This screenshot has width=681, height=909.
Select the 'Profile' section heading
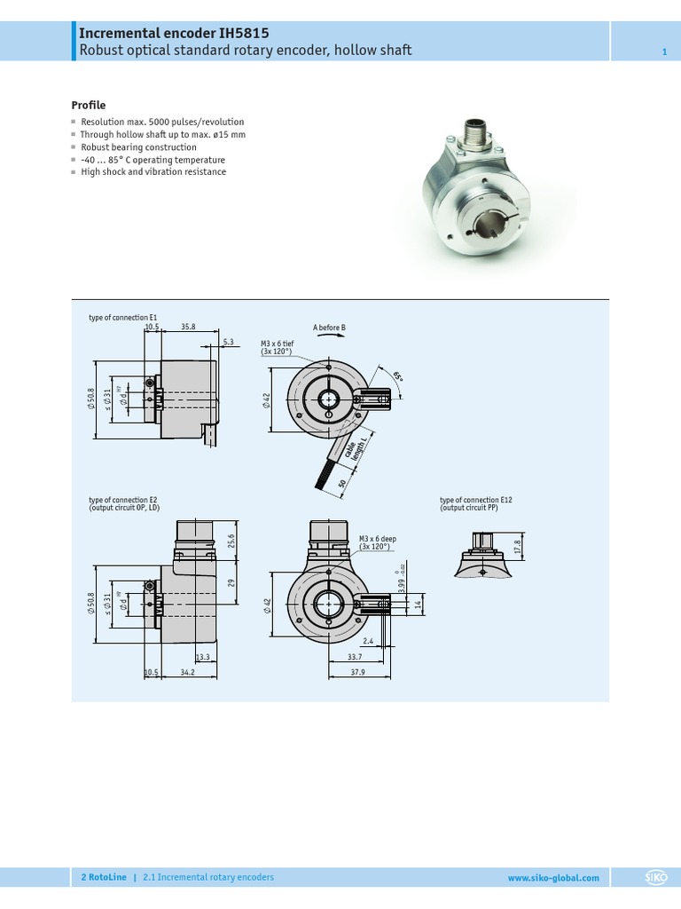[88, 105]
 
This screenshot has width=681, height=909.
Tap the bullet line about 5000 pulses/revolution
[162, 122]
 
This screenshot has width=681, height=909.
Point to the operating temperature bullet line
[153, 160]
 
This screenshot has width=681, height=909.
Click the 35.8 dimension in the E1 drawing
[188, 327]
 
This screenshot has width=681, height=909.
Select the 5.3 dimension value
[228, 342]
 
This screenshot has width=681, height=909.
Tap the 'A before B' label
[329, 328]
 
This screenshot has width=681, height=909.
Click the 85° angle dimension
[397, 375]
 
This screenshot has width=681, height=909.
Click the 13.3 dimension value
[202, 657]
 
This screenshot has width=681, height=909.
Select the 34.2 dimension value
[187, 673]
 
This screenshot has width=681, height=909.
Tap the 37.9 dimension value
[357, 673]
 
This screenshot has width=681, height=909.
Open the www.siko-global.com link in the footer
[552, 878]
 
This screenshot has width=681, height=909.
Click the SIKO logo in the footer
[655, 878]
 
